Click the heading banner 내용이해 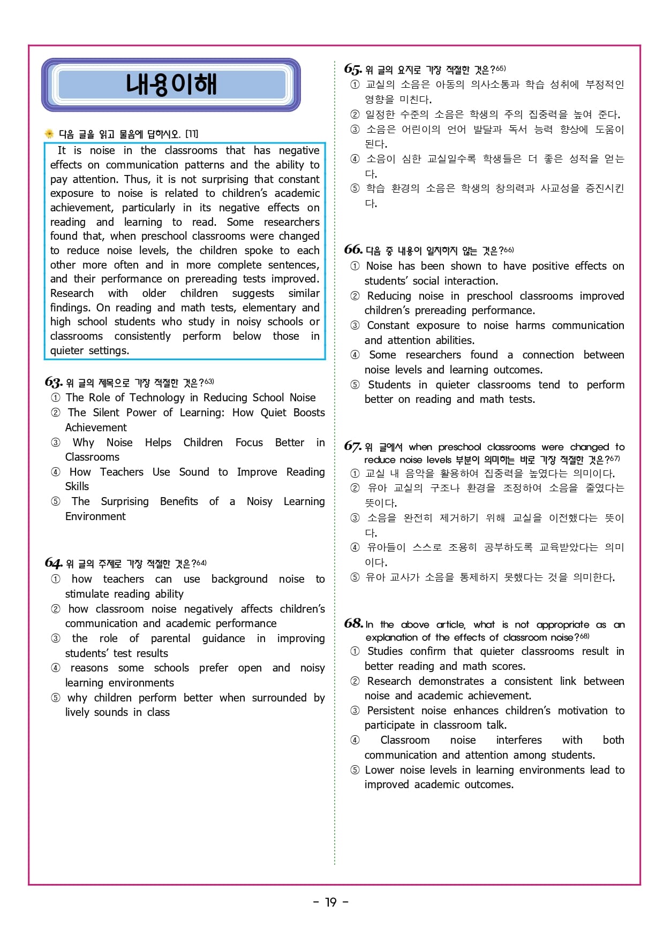pos(171,85)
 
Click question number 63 pos(54,382)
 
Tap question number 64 pos(54,563)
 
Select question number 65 pos(353,69)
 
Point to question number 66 pos(353,250)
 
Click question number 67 pos(353,446)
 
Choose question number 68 pos(353,623)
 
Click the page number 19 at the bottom pos(331,902)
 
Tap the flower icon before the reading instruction pos(49,134)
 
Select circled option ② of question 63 pos(56,413)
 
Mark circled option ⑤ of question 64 pos(56,698)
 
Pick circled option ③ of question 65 pos(355,129)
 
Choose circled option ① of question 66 pos(355,266)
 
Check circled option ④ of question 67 pos(355,547)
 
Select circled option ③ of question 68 pos(355,711)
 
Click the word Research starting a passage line pos(72,293)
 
